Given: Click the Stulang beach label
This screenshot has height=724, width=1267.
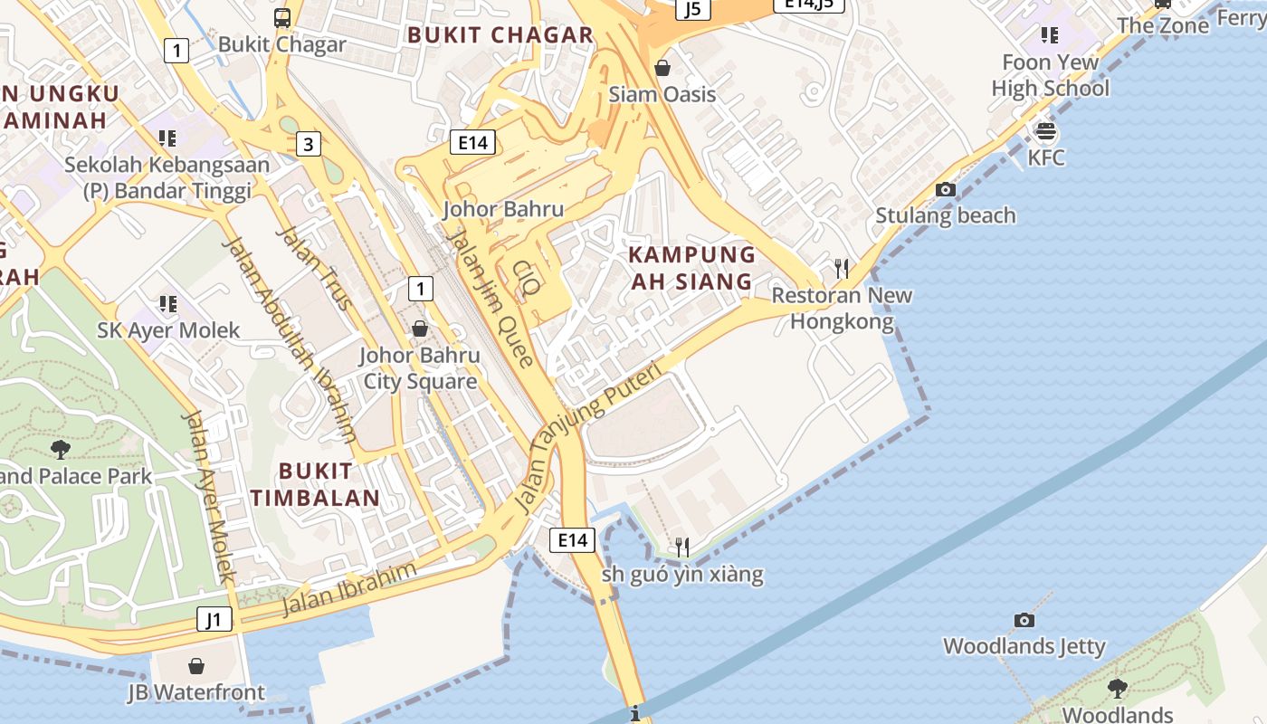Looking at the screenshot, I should [945, 215].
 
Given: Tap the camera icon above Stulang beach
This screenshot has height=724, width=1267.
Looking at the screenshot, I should [946, 189].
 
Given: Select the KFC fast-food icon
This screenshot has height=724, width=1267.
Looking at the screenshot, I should [1045, 132].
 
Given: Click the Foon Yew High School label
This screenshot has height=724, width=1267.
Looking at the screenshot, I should [1050, 75].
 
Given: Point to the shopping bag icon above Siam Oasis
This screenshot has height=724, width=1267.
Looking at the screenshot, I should [662, 68].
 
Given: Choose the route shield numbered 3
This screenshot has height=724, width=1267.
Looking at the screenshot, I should [309, 143].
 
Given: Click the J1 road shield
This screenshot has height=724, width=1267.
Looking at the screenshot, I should [214, 620].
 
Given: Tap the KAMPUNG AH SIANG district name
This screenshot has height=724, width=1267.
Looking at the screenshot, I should [692, 268].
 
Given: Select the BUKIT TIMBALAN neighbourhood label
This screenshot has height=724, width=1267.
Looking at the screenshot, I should [315, 484].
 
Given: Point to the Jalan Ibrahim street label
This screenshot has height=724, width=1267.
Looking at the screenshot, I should [349, 589].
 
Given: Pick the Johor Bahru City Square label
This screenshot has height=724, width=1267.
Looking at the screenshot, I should [420, 368].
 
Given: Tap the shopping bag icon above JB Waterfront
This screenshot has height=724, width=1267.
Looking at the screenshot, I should [196, 667].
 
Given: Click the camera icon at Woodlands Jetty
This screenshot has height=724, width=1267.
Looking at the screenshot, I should [1024, 620].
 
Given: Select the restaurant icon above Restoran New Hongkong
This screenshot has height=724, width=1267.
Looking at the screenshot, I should [842, 268].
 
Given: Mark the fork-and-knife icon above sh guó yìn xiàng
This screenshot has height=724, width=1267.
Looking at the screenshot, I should [682, 547].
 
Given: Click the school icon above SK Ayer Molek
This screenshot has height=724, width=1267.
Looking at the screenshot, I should [167, 303].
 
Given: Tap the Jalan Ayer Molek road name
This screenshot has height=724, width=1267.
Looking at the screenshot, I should [209, 497].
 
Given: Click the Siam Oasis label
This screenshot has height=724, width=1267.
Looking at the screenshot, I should [662, 94].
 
